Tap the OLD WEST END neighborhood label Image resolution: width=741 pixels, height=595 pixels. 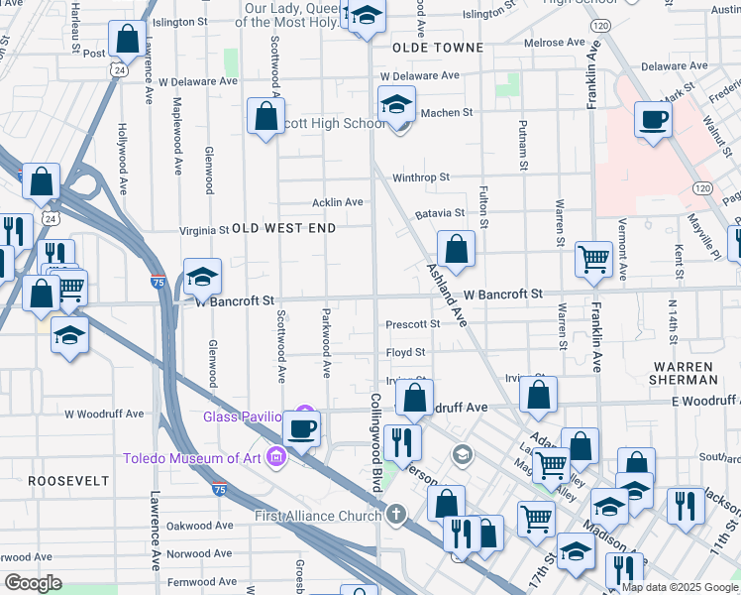click(283, 228)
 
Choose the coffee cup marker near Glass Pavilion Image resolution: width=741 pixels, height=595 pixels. click(302, 429)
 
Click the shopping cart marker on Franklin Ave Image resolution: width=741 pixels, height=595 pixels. click(593, 260)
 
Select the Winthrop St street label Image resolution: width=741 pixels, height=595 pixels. click(421, 178)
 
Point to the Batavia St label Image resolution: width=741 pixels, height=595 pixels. click(440, 213)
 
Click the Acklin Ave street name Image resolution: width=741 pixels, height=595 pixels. click(338, 202)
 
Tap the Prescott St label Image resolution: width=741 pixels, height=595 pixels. click(412, 324)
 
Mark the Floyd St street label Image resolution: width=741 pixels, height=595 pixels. click(405, 352)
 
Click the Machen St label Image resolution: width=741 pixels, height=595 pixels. click(447, 113)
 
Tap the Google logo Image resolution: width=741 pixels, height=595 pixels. click(34, 583)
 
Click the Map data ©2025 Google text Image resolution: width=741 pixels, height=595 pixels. click(679, 587)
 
